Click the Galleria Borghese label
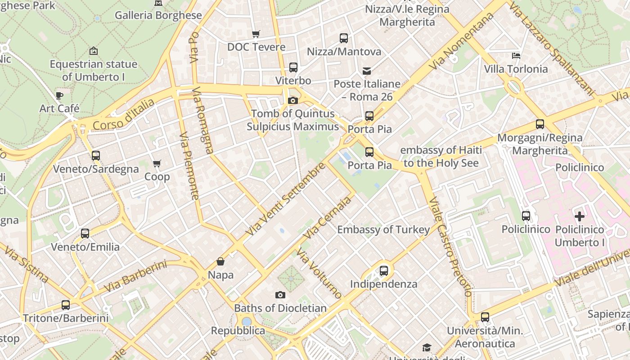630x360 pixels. point(158,15)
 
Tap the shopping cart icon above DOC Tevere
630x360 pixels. point(256,34)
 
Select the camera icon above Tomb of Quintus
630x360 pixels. point(293,100)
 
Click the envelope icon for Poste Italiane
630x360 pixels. point(367,71)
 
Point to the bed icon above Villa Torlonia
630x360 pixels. point(516,56)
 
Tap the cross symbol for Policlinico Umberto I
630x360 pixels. point(580,216)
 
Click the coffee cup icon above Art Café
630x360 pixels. point(59,95)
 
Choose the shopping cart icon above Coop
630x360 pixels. point(157,163)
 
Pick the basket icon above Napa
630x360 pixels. point(220,261)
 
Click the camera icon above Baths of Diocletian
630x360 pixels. point(280,295)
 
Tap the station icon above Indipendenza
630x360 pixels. point(383,271)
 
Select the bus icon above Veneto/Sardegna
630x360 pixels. point(96,156)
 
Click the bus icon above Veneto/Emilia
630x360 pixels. point(85,234)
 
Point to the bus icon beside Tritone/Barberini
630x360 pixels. point(66,305)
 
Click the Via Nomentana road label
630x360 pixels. point(461,41)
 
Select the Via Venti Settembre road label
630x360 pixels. point(285,199)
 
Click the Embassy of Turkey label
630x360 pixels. point(383,230)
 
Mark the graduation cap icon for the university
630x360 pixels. point(426,347)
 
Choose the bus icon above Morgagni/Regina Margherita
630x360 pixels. point(540,124)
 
